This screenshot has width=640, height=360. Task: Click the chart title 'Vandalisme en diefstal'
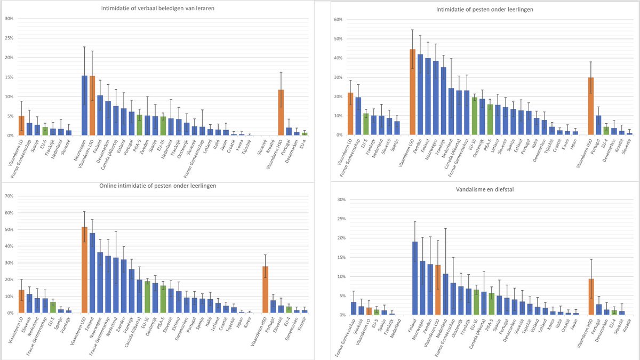click(x=481, y=189)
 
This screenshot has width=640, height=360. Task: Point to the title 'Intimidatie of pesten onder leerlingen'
click(x=481, y=9)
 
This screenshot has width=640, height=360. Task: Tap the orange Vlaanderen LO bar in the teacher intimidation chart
click(x=21, y=126)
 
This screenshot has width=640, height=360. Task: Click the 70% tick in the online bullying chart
click(x=9, y=196)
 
